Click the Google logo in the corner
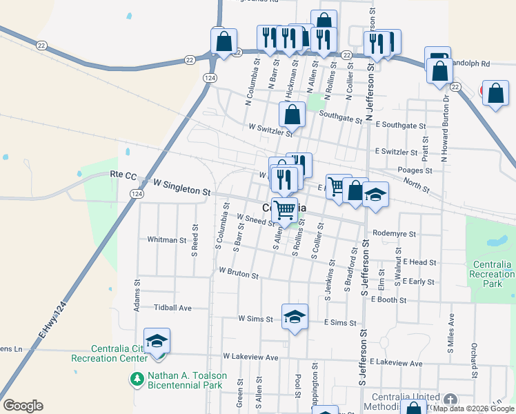pos(23,406)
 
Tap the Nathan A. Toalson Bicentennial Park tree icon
pos(137,379)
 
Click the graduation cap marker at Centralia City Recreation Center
pos(157,342)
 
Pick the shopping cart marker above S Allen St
pos(284,210)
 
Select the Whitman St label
pos(167,240)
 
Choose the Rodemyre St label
pos(394,234)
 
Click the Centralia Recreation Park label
pos(493,274)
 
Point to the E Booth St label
pos(388,299)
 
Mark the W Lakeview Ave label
pos(250,357)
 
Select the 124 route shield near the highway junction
pos(207,79)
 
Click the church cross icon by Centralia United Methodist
pos(450,400)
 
